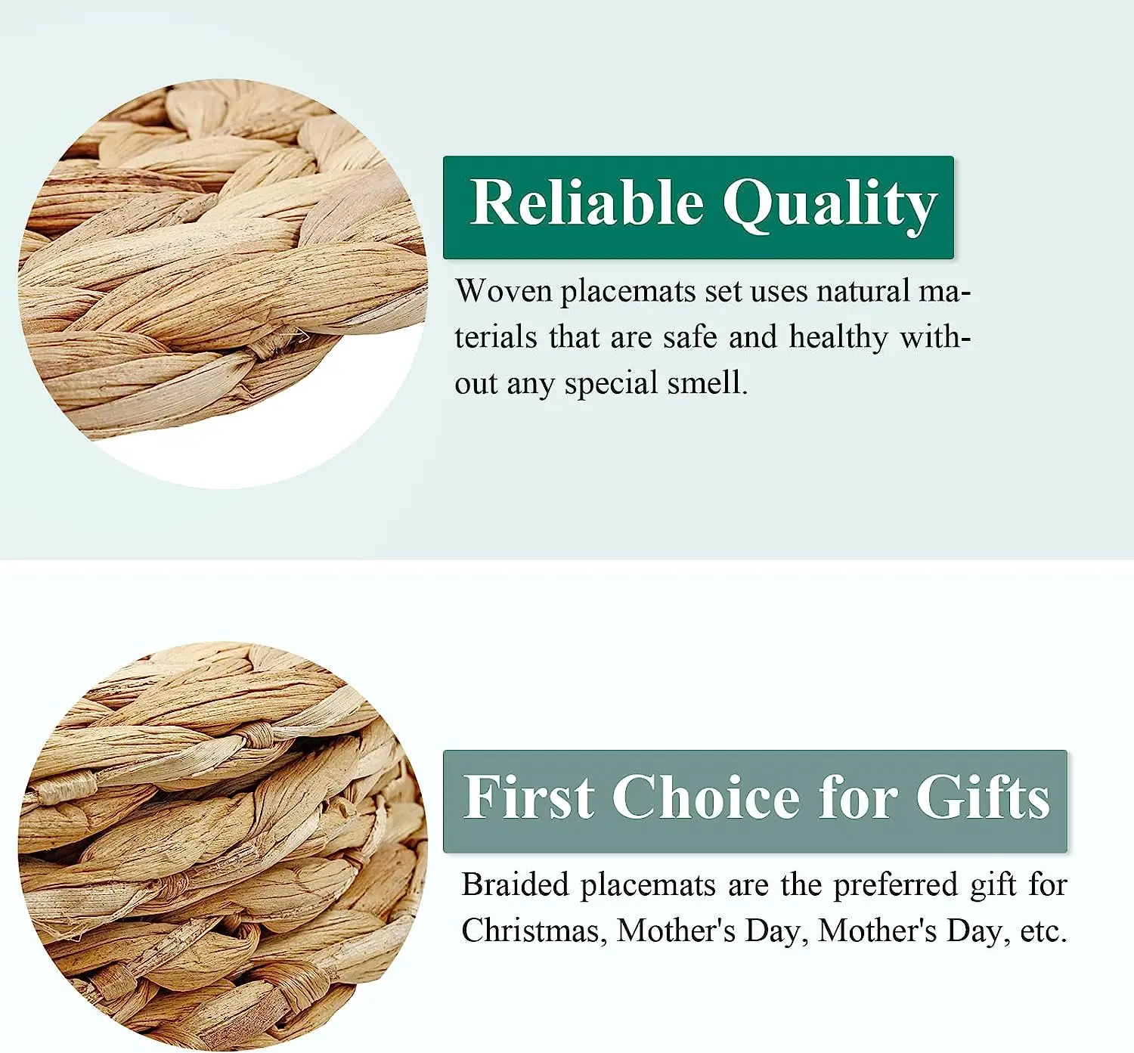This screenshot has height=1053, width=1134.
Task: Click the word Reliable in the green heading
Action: pos(587,203)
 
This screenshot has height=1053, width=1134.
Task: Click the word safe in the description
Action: pos(689,337)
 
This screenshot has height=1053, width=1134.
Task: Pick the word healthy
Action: pos(838,338)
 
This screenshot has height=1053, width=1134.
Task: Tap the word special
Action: pos(611,383)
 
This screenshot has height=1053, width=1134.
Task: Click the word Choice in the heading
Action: pos(705,797)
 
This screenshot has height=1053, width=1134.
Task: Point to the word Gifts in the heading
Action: pos(983,797)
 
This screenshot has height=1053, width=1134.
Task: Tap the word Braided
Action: pos(514,884)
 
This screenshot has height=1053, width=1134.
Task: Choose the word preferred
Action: pos(895,885)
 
